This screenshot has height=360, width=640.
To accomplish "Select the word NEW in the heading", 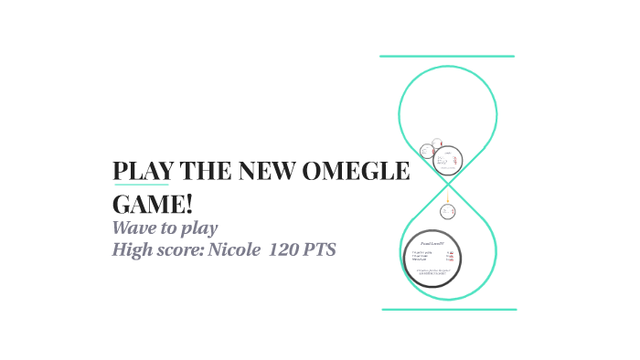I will (x=268, y=173).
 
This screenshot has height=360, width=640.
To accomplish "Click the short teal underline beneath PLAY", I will (x=141, y=185).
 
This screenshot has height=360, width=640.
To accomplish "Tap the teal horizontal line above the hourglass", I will (x=447, y=57).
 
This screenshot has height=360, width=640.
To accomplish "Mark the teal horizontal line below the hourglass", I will (x=448, y=310).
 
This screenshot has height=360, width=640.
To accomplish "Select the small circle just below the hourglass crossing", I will (x=448, y=211).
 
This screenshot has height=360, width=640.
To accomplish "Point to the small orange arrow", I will (x=448, y=196).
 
